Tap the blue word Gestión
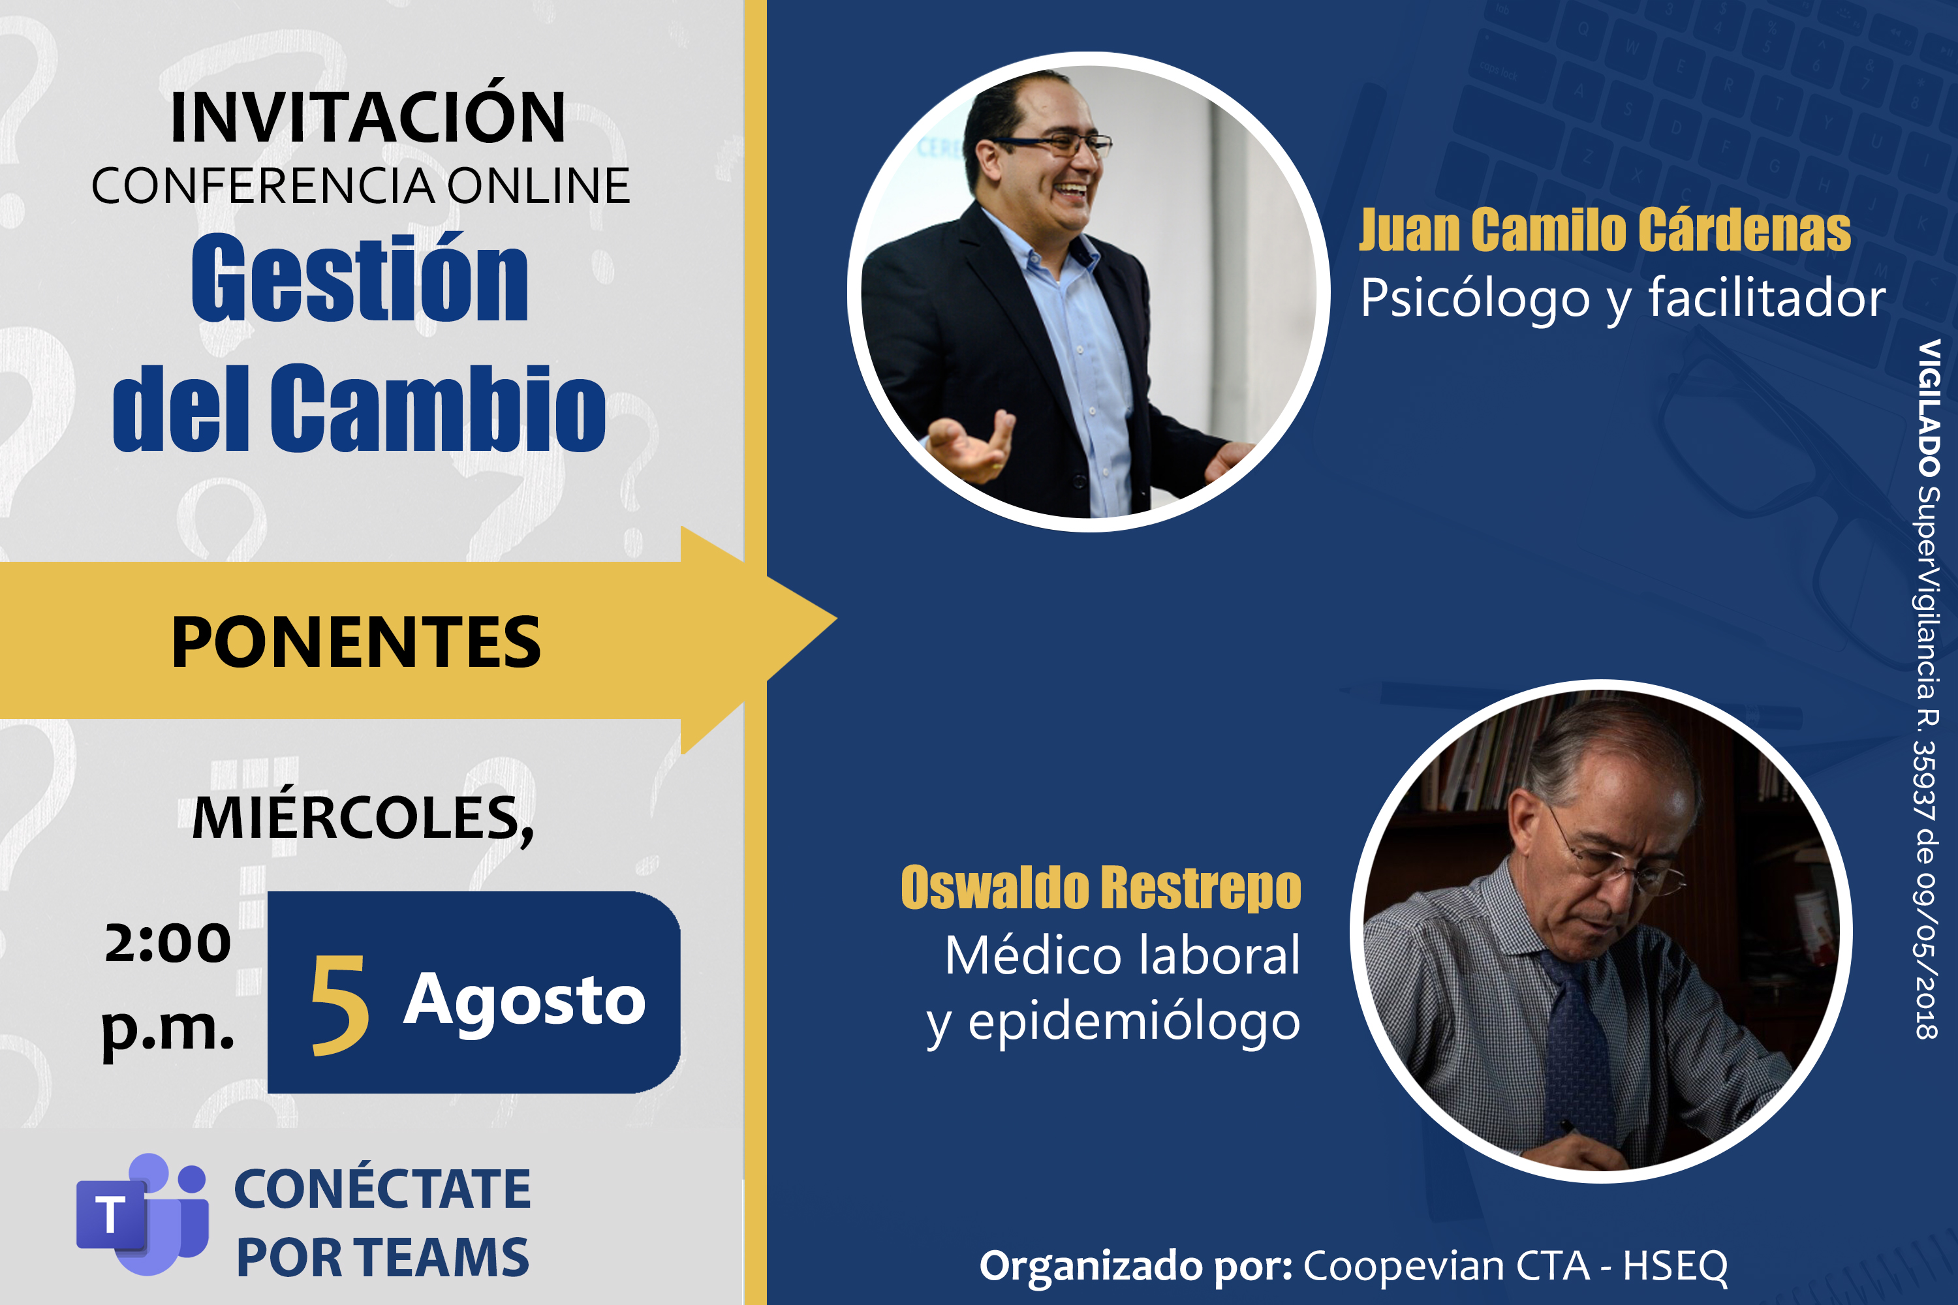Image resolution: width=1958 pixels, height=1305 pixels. click(x=360, y=278)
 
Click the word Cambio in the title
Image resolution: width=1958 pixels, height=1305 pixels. click(x=438, y=408)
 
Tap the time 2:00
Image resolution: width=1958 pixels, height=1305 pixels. click(x=167, y=943)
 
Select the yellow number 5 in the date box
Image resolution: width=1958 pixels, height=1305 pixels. click(x=339, y=1006)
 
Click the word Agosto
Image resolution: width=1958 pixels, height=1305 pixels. click(x=525, y=1002)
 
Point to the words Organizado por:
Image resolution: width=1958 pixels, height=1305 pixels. click(x=1136, y=1265)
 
